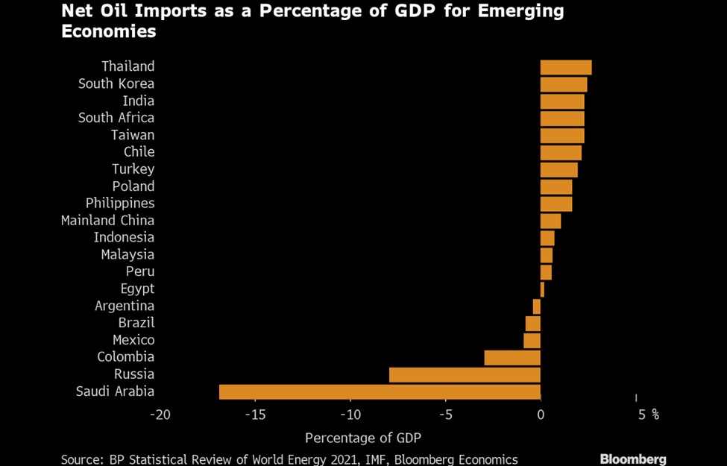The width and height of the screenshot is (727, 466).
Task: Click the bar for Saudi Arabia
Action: [380, 391]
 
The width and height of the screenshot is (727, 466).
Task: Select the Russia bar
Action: [465, 374]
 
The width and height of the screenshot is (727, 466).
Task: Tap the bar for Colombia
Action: [512, 357]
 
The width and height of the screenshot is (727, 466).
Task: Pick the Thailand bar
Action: [566, 67]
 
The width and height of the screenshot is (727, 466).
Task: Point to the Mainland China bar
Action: [550, 221]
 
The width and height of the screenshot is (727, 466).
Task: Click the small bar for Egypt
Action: [542, 289]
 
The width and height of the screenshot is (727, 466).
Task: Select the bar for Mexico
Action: [532, 340]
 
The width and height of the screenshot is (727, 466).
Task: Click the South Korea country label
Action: [116, 84]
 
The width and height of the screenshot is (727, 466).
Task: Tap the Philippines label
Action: [120, 203]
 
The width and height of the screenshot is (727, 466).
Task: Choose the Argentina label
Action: [125, 306]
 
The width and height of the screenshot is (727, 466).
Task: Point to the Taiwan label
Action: [133, 135]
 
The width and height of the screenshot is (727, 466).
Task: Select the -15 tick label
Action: [255, 415]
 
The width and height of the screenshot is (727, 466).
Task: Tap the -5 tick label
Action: [445, 415]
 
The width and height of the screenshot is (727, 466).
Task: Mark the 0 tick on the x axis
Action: [541, 415]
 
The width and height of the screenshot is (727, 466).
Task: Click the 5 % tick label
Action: [648, 415]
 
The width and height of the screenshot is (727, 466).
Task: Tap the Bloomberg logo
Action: [633, 459]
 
